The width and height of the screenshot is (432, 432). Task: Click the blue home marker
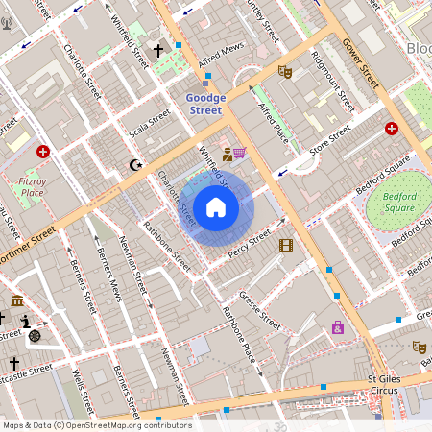216,207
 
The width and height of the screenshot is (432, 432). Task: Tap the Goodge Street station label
205,105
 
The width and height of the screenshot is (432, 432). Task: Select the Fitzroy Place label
33,186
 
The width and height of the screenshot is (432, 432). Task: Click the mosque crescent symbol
135,164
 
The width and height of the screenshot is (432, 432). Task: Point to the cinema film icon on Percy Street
285,245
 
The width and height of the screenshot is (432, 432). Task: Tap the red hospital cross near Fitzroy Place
43,152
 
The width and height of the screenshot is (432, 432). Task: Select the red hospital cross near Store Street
392,128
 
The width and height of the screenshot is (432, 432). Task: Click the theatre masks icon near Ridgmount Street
283,71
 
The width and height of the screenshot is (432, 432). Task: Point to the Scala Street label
151,124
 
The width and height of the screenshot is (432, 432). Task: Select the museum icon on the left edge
17,301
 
